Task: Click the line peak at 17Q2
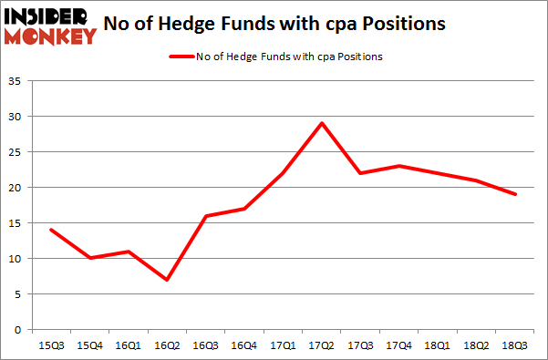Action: (322, 123)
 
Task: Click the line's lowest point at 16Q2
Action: (167, 279)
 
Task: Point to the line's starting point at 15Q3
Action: (50, 230)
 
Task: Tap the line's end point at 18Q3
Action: (516, 194)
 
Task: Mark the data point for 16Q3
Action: (205, 216)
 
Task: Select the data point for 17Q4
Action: (399, 166)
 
